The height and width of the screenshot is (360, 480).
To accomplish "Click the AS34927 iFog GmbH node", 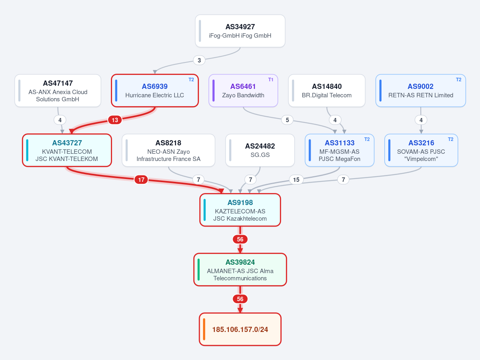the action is [240, 31].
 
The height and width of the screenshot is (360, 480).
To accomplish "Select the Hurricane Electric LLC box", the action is [155, 91].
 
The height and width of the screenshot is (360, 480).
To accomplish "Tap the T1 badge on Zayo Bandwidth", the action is [271, 80].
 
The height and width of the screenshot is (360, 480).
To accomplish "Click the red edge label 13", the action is [115, 120].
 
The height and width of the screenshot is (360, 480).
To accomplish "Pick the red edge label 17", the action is [141, 180].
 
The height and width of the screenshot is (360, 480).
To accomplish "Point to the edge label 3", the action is [199, 60].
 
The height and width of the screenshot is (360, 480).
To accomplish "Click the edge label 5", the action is [287, 120].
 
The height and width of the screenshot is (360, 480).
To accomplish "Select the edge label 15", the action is [296, 180].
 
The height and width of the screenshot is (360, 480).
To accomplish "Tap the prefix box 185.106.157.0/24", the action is [240, 330].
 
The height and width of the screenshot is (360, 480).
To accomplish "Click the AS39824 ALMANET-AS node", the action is [240, 269].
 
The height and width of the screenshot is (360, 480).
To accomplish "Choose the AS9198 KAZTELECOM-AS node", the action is [240, 210].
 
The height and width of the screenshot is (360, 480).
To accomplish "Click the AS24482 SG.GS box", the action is [260, 150].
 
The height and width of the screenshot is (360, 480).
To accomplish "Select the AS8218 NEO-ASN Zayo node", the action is [169, 150].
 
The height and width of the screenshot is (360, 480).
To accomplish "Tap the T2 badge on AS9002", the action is [458, 80].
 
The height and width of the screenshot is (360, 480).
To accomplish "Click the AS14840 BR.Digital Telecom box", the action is [327, 91].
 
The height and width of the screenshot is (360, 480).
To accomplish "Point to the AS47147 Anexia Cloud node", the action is [58, 91].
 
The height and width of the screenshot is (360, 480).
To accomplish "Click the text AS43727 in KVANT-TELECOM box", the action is [67, 143].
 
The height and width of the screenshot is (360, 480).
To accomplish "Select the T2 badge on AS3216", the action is [451, 139].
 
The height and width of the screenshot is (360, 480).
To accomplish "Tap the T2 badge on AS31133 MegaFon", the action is [367, 139].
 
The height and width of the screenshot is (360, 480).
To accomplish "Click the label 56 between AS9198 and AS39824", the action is [240, 239].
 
